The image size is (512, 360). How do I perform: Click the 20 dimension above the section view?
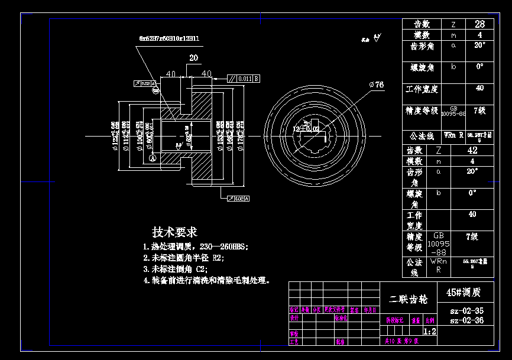193,58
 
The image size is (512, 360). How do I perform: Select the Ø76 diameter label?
377,85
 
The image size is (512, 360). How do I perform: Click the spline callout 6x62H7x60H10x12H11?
169,38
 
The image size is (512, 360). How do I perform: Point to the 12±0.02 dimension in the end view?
307,128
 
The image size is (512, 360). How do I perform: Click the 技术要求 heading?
174,231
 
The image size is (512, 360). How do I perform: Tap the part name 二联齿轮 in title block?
408,299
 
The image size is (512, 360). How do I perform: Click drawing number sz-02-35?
466,311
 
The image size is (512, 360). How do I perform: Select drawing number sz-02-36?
466,320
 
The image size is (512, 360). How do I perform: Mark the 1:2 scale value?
430,332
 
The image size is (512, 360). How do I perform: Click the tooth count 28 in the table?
479,24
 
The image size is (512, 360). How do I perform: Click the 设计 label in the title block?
294,317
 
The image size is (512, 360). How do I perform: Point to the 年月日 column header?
370,310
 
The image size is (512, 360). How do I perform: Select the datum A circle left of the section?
153,158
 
